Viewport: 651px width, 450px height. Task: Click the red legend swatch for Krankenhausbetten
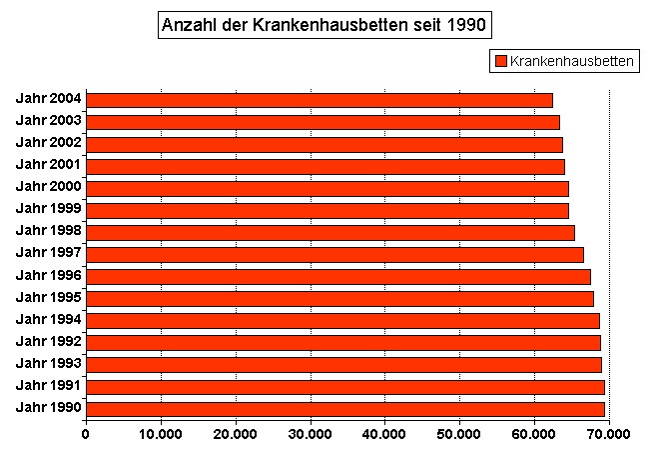coord(500,62)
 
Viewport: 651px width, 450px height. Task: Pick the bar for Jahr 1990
coord(345,408)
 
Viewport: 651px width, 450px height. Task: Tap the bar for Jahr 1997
coord(335,254)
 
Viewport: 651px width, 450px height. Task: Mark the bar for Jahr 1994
coord(343,320)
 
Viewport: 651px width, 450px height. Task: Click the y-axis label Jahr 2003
coord(49,121)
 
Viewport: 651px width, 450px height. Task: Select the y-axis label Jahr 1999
coord(49,209)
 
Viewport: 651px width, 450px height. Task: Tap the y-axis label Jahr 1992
coord(49,341)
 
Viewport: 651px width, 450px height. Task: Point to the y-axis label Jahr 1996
coord(49,275)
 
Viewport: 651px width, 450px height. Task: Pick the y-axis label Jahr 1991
coord(49,385)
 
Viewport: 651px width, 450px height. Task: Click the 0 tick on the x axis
coord(86,433)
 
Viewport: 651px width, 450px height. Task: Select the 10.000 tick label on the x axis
coord(161,433)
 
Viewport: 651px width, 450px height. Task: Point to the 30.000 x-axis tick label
coord(311,433)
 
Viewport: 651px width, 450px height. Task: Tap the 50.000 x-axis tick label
coord(460,433)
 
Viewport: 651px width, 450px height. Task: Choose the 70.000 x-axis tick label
coord(609,433)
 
